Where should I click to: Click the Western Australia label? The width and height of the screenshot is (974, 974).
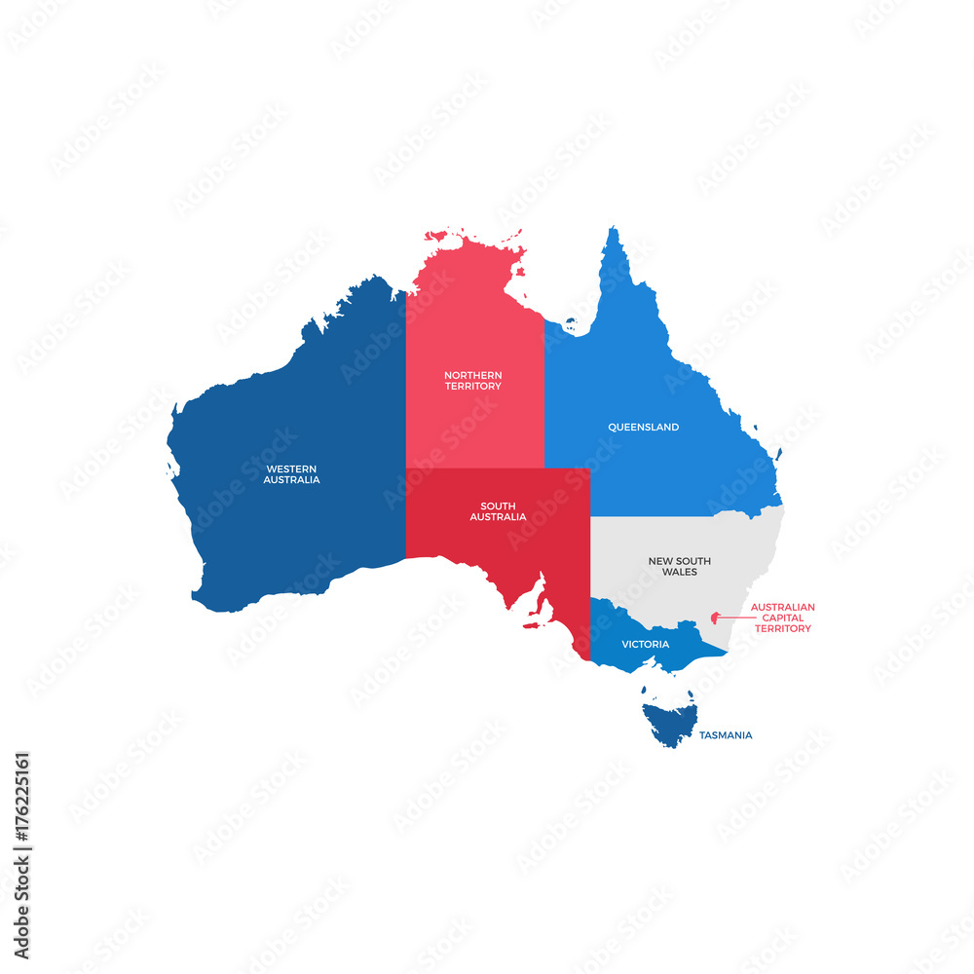click(291, 474)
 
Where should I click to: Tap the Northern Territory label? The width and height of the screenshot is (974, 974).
click(472, 381)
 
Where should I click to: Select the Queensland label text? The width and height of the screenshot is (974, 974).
click(643, 428)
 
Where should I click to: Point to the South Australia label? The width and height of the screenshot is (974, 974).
click(498, 511)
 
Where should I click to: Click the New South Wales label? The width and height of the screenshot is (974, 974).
click(679, 567)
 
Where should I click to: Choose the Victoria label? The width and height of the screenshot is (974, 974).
click(645, 645)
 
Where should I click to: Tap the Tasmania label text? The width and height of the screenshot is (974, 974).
click(725, 735)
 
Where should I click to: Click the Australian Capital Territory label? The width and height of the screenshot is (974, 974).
click(782, 618)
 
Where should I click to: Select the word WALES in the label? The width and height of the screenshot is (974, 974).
click(679, 573)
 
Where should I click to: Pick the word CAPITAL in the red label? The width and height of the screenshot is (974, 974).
click(782, 618)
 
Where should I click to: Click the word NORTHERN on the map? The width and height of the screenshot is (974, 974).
click(472, 375)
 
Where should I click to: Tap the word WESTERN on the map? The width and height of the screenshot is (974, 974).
click(291, 468)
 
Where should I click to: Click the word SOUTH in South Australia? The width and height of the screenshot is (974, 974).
click(498, 506)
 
